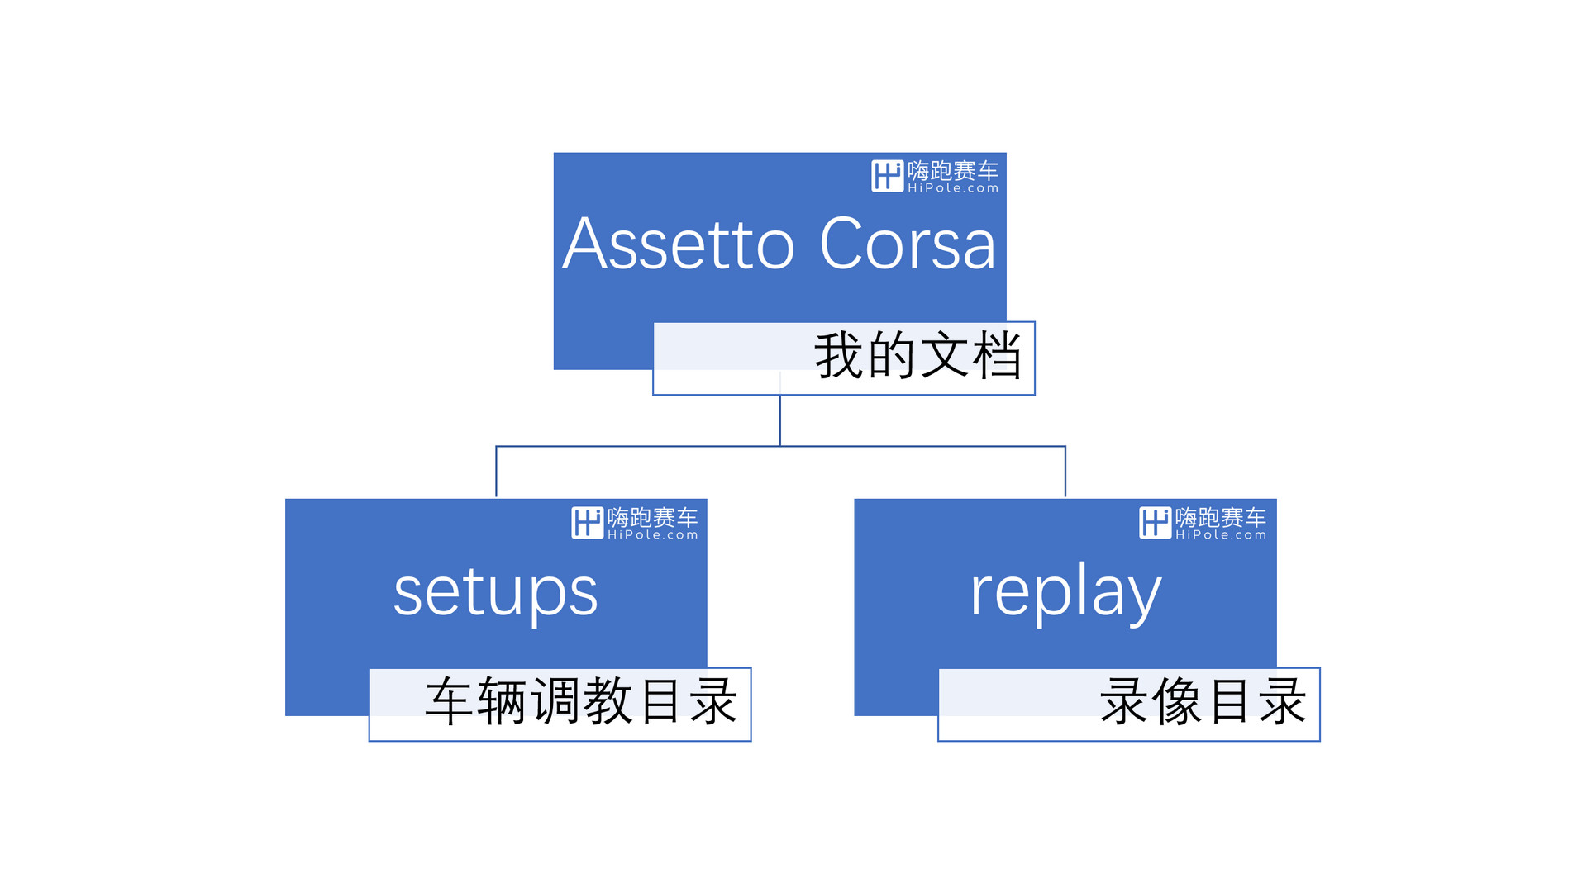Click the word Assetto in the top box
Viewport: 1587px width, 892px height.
[679, 244]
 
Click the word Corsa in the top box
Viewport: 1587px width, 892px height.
[908, 244]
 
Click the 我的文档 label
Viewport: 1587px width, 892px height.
[918, 356]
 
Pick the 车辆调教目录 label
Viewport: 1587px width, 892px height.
[581, 702]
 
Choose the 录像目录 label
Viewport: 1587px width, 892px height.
[1203, 702]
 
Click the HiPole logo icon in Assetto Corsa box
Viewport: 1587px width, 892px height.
[887, 176]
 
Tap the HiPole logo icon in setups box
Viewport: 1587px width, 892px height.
[587, 523]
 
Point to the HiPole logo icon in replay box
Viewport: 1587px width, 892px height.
[1155, 523]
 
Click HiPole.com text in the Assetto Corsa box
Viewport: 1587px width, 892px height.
[953, 188]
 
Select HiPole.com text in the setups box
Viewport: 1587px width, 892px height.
[653, 535]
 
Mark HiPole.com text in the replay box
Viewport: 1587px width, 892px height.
[1221, 535]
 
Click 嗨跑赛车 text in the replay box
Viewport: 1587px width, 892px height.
[1221, 518]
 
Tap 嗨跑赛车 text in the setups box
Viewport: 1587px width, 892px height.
[653, 518]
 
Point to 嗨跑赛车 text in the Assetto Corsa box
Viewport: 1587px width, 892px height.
[953, 171]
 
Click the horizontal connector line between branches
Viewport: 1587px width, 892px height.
[780, 447]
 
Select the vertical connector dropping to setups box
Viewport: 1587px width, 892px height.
[496, 472]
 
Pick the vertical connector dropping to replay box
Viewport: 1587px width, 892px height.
[1065, 472]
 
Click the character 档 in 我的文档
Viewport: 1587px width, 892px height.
[998, 356]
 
